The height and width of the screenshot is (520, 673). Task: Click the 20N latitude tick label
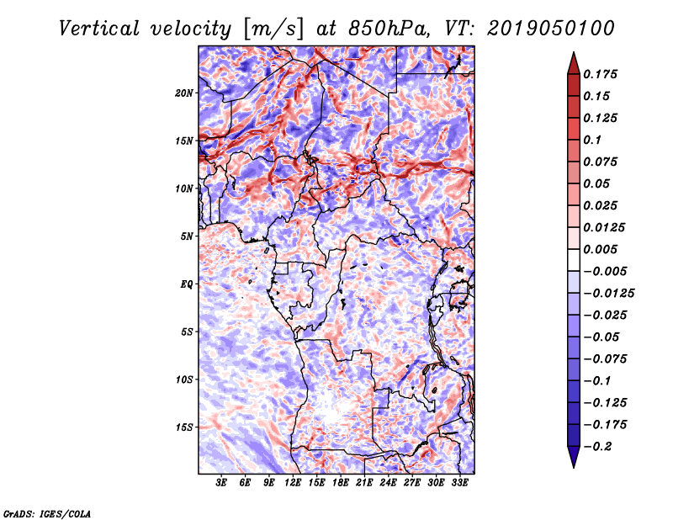(184, 93)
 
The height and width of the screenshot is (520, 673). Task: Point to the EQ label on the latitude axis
(186, 284)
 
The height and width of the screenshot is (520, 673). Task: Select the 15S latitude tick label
(184, 427)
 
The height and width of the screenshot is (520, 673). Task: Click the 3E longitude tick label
(222, 483)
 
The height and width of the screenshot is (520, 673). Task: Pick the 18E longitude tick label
(342, 483)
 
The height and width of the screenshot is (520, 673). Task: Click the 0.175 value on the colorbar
(603, 74)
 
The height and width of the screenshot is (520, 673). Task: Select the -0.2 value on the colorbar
(599, 446)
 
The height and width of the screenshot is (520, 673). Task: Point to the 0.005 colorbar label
(603, 249)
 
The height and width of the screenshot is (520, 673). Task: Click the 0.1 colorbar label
(594, 140)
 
